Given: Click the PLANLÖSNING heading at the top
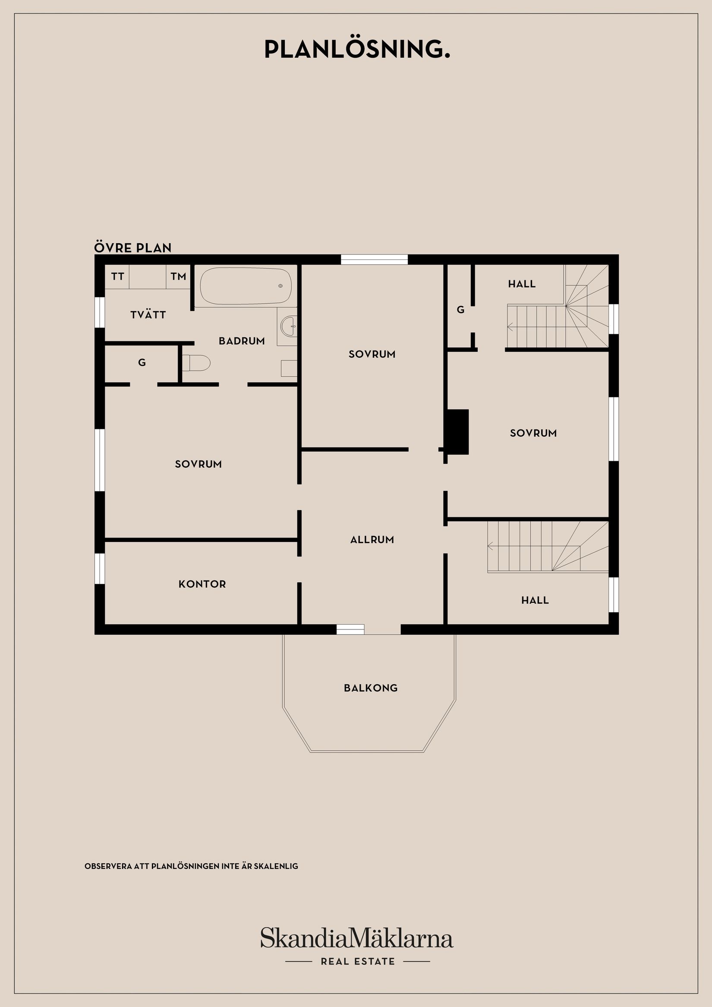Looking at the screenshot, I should (x=357, y=50).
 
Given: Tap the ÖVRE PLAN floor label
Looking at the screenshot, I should (x=132, y=248).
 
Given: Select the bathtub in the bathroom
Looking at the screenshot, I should (x=246, y=286).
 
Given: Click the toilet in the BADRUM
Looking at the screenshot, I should (x=196, y=362).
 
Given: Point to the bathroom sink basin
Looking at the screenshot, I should (x=288, y=326).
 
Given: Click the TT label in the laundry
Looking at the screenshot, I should (x=117, y=276).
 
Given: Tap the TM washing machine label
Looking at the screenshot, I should (x=179, y=276).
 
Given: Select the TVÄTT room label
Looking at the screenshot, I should (x=148, y=315).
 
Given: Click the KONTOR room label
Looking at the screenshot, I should (x=202, y=584).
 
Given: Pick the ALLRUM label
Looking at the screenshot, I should (x=372, y=539).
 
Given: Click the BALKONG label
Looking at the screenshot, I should (x=371, y=688).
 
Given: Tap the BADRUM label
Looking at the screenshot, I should (x=242, y=341).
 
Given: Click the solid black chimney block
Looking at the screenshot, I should (x=457, y=431).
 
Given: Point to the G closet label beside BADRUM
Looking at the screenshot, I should (x=142, y=363).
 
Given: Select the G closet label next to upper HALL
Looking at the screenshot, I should (x=460, y=310).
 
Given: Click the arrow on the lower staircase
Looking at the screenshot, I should (x=491, y=546).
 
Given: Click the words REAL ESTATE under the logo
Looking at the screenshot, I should (x=358, y=962).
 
